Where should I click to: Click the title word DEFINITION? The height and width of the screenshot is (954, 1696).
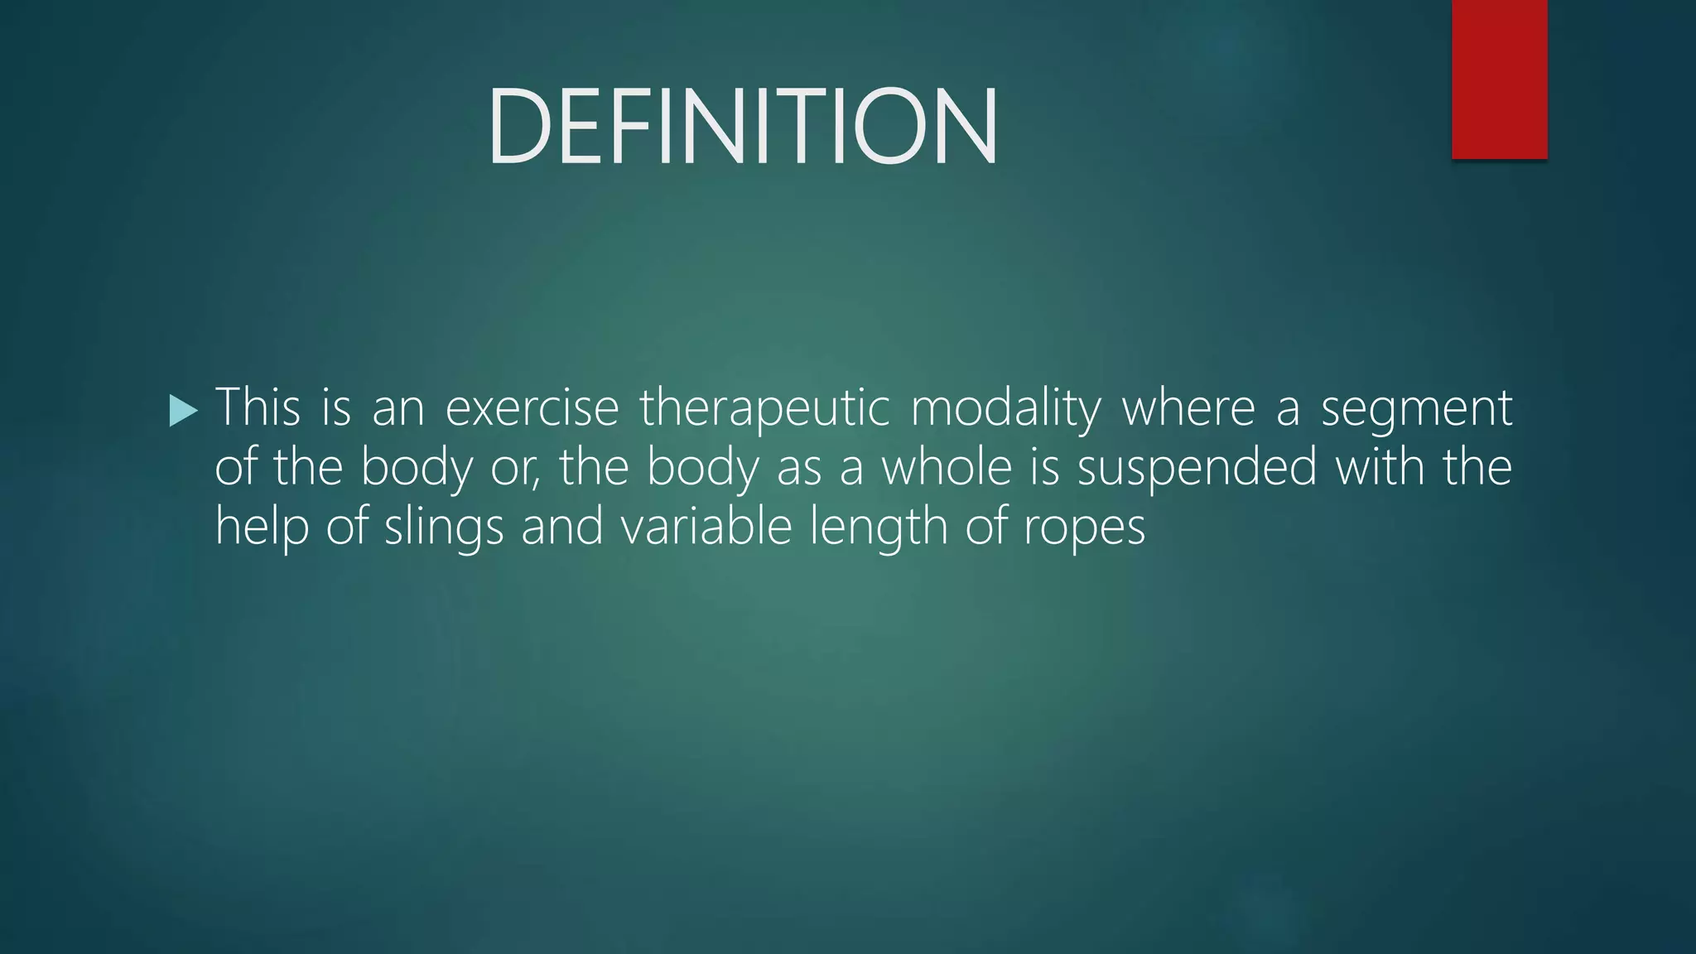(743, 127)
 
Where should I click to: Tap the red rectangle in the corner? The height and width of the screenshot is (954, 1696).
(1499, 79)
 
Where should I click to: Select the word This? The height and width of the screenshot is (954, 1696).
(258, 407)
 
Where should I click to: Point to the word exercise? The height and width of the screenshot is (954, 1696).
(532, 407)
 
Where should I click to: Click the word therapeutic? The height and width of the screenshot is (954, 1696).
(764, 409)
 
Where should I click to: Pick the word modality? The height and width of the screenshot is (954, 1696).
(1005, 409)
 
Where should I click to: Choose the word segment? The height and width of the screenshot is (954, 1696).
(1416, 409)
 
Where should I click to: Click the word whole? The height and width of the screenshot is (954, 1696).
(946, 466)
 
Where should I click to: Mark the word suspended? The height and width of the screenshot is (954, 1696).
(1196, 468)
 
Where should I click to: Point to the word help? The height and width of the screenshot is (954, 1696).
(262, 527)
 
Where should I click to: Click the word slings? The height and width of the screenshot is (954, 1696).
(443, 528)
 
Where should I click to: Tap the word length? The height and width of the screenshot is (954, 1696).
(878, 528)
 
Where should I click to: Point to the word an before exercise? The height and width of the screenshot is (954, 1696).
(397, 409)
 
